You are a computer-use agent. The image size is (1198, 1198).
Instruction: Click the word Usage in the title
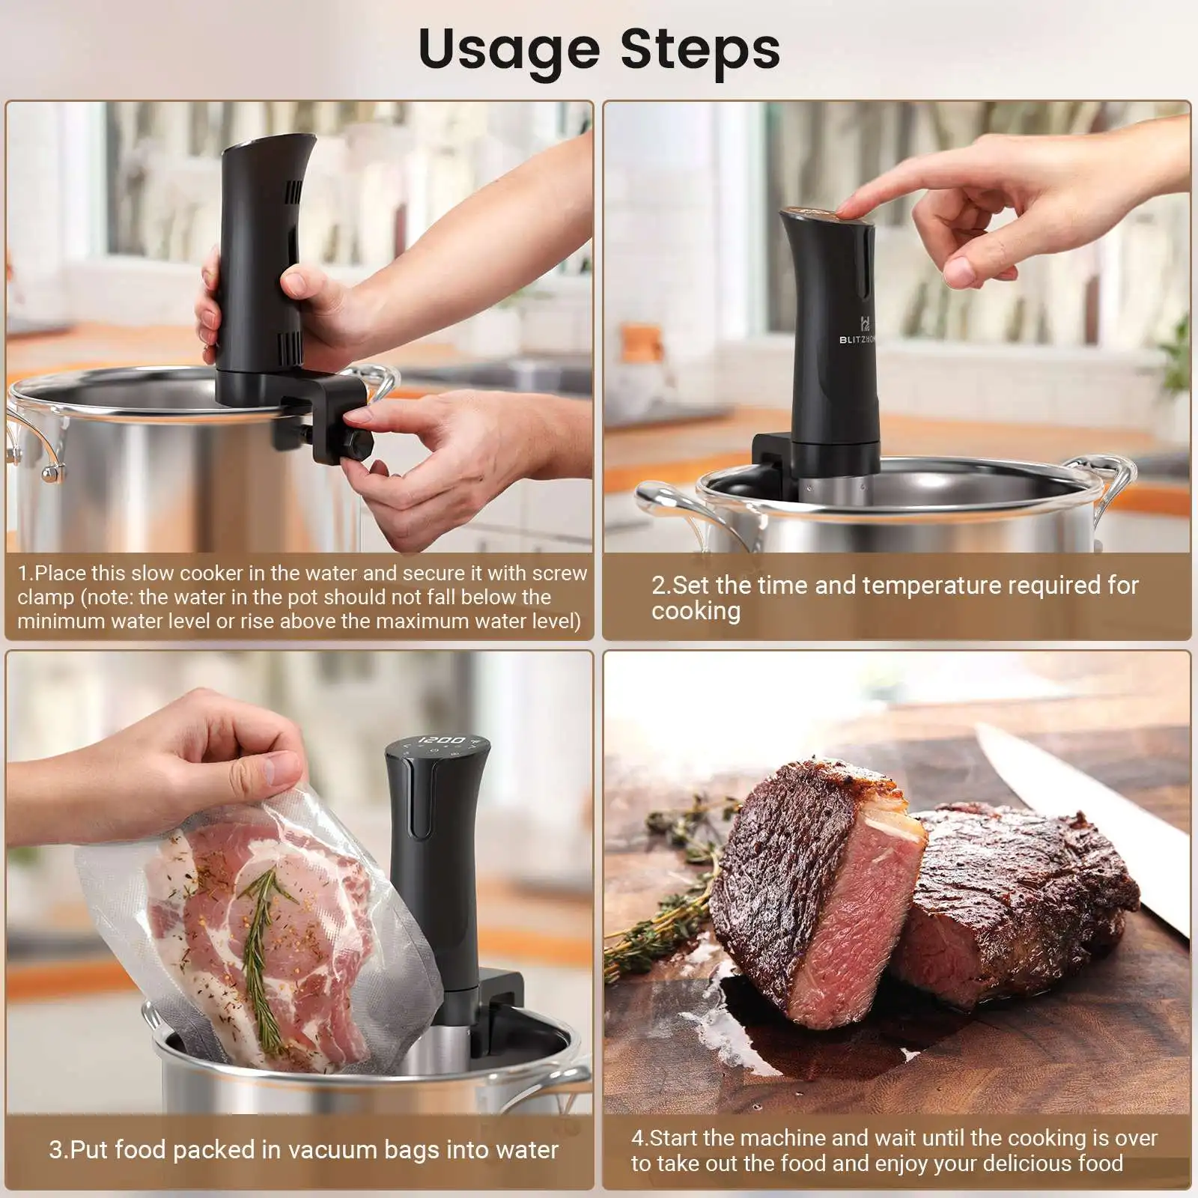coord(508,50)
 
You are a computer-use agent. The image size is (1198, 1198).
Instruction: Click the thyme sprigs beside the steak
coord(659,921)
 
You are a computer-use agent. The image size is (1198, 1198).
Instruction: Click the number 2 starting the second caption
coord(657,585)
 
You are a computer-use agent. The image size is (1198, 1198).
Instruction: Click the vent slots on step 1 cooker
coord(291,348)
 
